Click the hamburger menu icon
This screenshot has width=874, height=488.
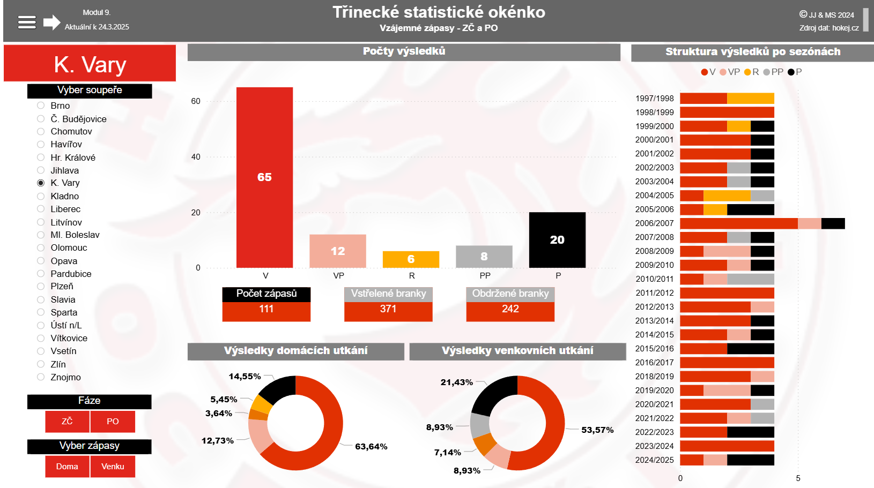point(27,22)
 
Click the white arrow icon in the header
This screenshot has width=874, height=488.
point(51,22)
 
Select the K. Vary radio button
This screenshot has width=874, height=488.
point(41,183)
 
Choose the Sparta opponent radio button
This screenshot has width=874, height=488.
point(41,312)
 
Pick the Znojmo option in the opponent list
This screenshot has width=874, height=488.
point(41,377)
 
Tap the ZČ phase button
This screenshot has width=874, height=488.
point(67,422)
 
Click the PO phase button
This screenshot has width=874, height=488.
point(113,422)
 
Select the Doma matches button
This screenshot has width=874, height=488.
point(67,467)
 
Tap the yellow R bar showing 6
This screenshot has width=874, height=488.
point(411,259)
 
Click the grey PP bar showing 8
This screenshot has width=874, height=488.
point(484,257)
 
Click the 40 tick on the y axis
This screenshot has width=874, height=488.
point(196,157)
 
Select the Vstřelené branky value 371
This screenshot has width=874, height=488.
point(388,309)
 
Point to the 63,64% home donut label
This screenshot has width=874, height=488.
point(371,447)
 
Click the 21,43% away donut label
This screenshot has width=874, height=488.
point(457,382)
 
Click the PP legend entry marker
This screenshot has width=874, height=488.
point(767,72)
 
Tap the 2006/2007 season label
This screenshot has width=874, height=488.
point(654,223)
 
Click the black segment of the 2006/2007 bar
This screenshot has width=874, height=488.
point(833,223)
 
